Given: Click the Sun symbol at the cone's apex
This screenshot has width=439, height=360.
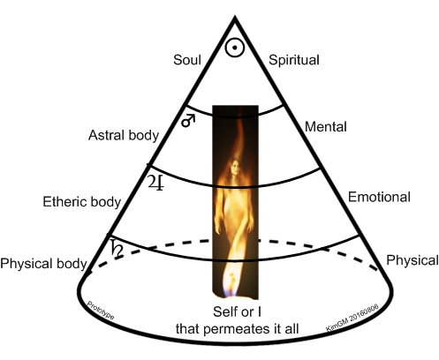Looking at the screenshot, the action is pyautogui.click(x=235, y=48).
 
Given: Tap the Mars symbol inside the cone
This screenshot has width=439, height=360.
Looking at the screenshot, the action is pyautogui.click(x=188, y=121).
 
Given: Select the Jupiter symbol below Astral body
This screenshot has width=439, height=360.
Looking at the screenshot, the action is pyautogui.click(x=155, y=183).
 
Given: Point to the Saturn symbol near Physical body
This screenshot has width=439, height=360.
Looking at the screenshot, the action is pyautogui.click(x=117, y=248).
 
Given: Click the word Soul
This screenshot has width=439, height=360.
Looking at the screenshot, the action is pyautogui.click(x=187, y=60).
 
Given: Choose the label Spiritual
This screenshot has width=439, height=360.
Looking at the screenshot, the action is pyautogui.click(x=294, y=60).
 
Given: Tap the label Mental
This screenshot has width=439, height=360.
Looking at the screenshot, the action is pyautogui.click(x=326, y=127).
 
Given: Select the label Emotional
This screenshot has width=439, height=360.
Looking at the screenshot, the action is pyautogui.click(x=379, y=197).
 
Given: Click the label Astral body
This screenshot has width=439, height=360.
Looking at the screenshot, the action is pyautogui.click(x=124, y=136).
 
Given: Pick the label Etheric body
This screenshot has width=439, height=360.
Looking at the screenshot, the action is pyautogui.click(x=82, y=202).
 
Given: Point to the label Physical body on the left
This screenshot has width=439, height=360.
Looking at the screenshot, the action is pyautogui.click(x=43, y=264).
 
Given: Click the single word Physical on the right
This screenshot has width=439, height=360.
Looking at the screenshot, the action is pyautogui.click(x=413, y=260).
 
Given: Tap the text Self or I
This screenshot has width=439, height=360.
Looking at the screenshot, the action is pyautogui.click(x=237, y=311).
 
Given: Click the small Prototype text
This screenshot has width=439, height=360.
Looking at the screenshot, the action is pyautogui.click(x=101, y=311).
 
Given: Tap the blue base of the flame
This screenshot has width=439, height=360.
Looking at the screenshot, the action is pyautogui.click(x=231, y=293).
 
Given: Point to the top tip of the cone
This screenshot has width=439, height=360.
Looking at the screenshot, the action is pyautogui.click(x=235, y=17).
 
